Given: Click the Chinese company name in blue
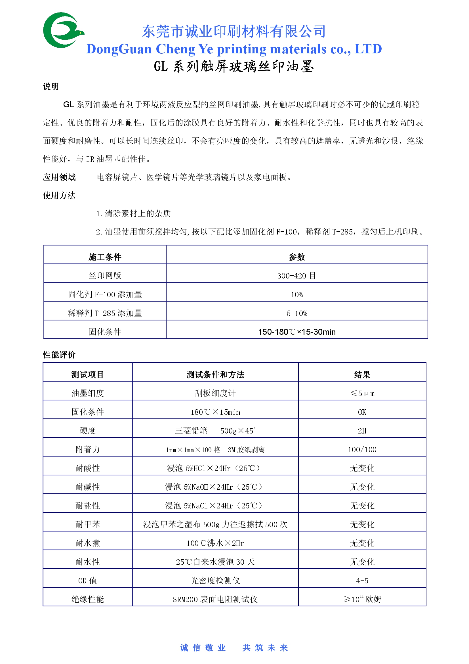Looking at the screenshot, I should (234, 31).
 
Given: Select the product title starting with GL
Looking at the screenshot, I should (234, 66).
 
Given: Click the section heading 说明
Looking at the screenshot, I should (51, 87).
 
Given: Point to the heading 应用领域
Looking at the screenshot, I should (59, 177).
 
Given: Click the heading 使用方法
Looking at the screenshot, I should (59, 195).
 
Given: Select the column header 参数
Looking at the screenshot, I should (297, 257).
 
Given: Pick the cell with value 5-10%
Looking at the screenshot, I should (297, 313).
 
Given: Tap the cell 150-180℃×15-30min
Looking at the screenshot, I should (297, 332).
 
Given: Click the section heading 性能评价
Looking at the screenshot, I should (59, 355).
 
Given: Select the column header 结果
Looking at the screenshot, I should (362, 374).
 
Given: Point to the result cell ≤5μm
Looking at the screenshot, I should (362, 393).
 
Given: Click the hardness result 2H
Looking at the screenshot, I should (362, 431).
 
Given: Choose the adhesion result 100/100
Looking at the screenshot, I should (362, 449).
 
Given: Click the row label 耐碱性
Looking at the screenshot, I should (88, 487).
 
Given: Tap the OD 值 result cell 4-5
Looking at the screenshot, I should (362, 581).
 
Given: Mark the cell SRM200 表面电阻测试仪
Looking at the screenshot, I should (215, 599).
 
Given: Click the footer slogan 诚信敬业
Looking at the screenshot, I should (203, 648).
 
